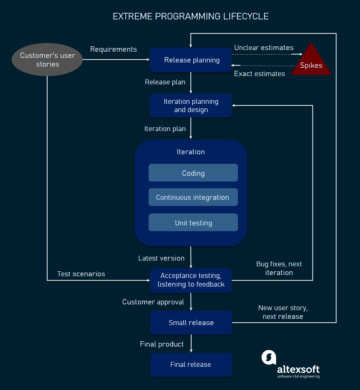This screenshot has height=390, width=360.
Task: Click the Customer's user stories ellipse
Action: click(47, 60)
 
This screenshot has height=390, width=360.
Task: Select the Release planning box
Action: click(191, 60)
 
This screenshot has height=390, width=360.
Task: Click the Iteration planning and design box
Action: click(191, 105)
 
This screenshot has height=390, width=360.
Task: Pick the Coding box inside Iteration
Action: click(193, 173)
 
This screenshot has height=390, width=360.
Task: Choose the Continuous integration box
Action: click(193, 197)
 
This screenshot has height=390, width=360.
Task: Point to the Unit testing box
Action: click(193, 223)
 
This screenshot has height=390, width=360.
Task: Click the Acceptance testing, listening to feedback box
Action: click(191, 280)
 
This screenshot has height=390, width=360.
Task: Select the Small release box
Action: click(191, 323)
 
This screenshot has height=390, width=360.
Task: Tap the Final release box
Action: click(191, 364)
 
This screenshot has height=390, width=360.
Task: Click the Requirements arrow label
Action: click(113, 49)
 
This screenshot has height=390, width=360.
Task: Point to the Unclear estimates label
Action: click(264, 48)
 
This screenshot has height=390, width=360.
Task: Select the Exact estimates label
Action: click(259, 74)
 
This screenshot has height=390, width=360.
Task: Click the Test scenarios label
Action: click(81, 274)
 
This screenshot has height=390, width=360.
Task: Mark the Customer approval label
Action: click(153, 302)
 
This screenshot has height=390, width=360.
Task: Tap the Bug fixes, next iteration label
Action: click(279, 268)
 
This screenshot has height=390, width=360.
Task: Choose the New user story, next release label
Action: click(283, 312)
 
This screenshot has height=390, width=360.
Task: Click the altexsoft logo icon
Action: click(269, 357)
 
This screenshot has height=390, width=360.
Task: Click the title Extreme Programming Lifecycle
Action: click(191, 17)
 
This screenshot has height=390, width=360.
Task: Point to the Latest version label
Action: click(161, 258)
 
